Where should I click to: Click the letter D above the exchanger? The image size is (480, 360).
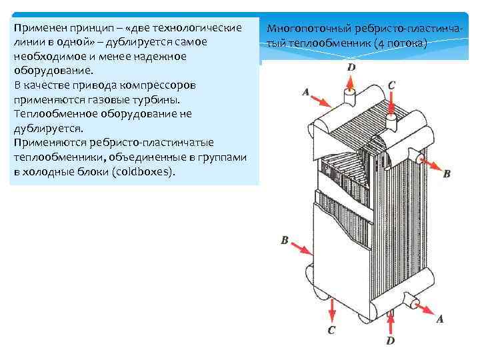pyautogui.click(x=351, y=67)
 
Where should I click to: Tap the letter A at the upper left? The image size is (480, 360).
pyautogui.click(x=306, y=92)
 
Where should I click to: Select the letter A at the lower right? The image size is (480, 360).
pyautogui.click(x=439, y=319)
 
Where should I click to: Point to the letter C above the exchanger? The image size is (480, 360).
pyautogui.click(x=391, y=85)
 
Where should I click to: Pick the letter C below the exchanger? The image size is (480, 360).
pyautogui.click(x=331, y=331)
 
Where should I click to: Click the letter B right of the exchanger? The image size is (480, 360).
pyautogui.click(x=447, y=173)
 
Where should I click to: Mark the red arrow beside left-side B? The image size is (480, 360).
pyautogui.click(x=301, y=248)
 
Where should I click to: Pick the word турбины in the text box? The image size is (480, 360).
pyautogui.click(x=157, y=99)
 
